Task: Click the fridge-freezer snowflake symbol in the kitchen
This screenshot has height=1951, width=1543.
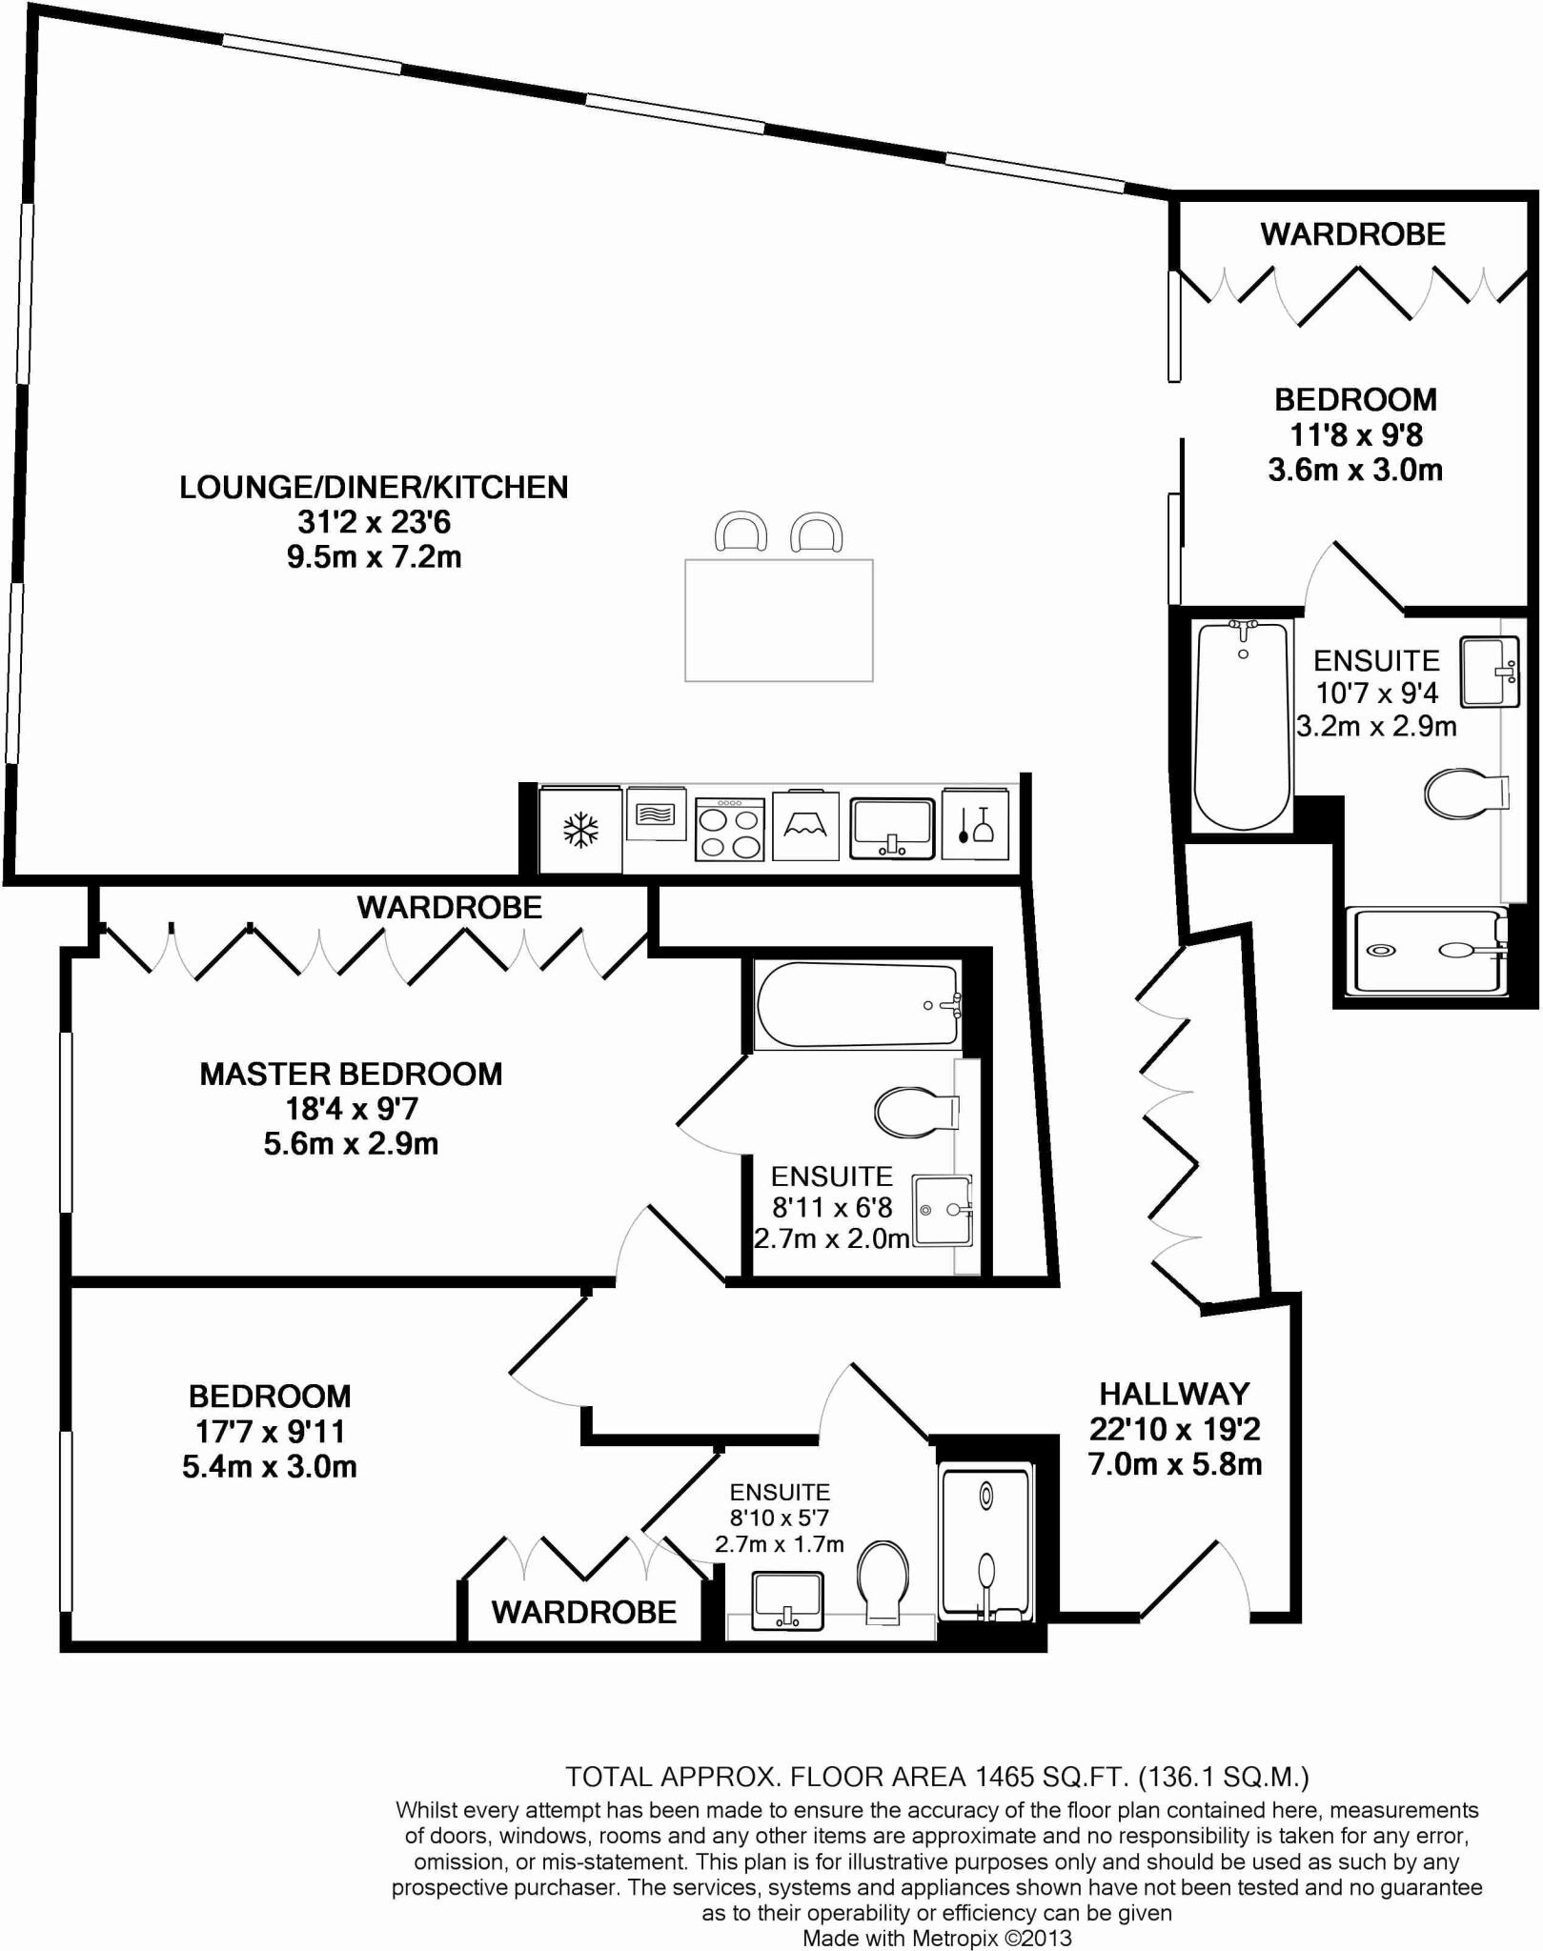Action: [580, 830]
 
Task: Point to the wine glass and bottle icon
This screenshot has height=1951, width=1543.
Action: [975, 825]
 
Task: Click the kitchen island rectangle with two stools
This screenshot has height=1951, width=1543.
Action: [779, 620]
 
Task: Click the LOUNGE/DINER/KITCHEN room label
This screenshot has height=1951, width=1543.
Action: [374, 487]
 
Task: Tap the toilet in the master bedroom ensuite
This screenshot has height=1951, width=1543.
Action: [915, 1112]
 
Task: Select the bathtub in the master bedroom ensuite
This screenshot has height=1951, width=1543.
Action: [857, 1006]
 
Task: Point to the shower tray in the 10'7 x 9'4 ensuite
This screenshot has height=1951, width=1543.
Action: [1426, 951]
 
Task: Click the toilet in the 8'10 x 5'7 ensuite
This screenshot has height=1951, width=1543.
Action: [883, 1582]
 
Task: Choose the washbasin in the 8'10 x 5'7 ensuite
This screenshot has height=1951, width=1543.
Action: [787, 1601]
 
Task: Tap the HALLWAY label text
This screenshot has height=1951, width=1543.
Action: [1174, 1395]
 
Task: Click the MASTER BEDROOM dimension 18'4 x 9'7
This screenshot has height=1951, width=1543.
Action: [352, 1109]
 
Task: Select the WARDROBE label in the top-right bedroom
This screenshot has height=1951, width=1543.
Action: [1352, 234]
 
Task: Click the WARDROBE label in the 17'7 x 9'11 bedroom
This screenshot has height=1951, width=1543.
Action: [584, 1612]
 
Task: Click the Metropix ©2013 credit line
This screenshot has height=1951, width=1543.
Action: [937, 1939]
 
